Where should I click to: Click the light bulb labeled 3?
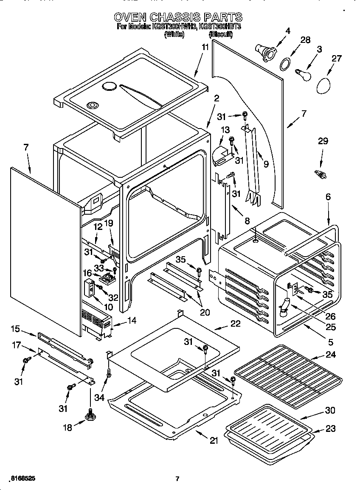(x=304, y=75)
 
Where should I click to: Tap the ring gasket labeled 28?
(x=285, y=63)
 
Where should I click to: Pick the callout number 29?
(x=323, y=141)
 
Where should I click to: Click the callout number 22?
(x=235, y=324)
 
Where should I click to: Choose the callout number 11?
(x=205, y=48)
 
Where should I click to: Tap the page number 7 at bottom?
(x=177, y=479)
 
